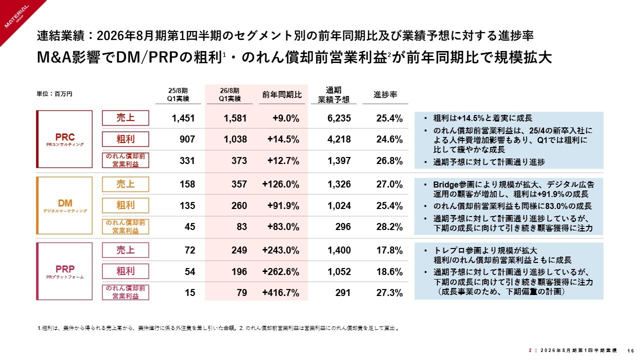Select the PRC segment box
tap(64, 139)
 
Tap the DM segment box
tap(64, 205)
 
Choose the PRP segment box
tap(64, 271)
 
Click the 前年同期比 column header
tap(282, 95)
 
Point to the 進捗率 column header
tap(385, 95)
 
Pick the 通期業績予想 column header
tap(333, 95)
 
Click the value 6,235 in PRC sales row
tap(339, 118)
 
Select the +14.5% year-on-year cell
tap(285, 139)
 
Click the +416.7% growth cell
tap(281, 293)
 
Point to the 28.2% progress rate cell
tap(389, 227)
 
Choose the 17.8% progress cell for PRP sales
tap(389, 250)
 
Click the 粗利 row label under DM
tap(125, 205)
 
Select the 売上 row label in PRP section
tap(125, 249)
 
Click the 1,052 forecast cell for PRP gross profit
tap(339, 272)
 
